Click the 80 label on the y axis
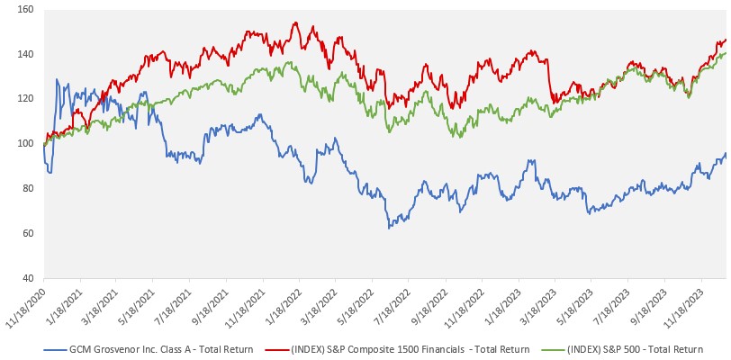26,189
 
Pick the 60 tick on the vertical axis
26,234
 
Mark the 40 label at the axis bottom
26,278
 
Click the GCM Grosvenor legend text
154,348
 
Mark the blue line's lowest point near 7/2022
389,228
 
